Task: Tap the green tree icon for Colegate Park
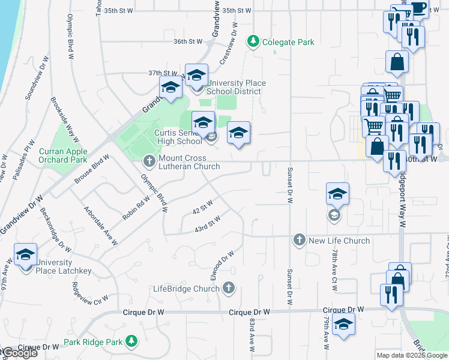tap(253, 41)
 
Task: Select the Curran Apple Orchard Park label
tap(63, 156)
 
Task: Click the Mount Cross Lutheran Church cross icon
tap(149, 160)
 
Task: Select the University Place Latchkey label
tap(64, 266)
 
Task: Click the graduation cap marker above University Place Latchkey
tap(26, 256)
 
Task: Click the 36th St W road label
tap(188, 41)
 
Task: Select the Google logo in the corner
tap(19, 353)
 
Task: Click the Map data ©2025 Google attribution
tap(412, 355)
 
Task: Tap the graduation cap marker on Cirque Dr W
tap(343, 325)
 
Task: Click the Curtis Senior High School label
tap(178, 137)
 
